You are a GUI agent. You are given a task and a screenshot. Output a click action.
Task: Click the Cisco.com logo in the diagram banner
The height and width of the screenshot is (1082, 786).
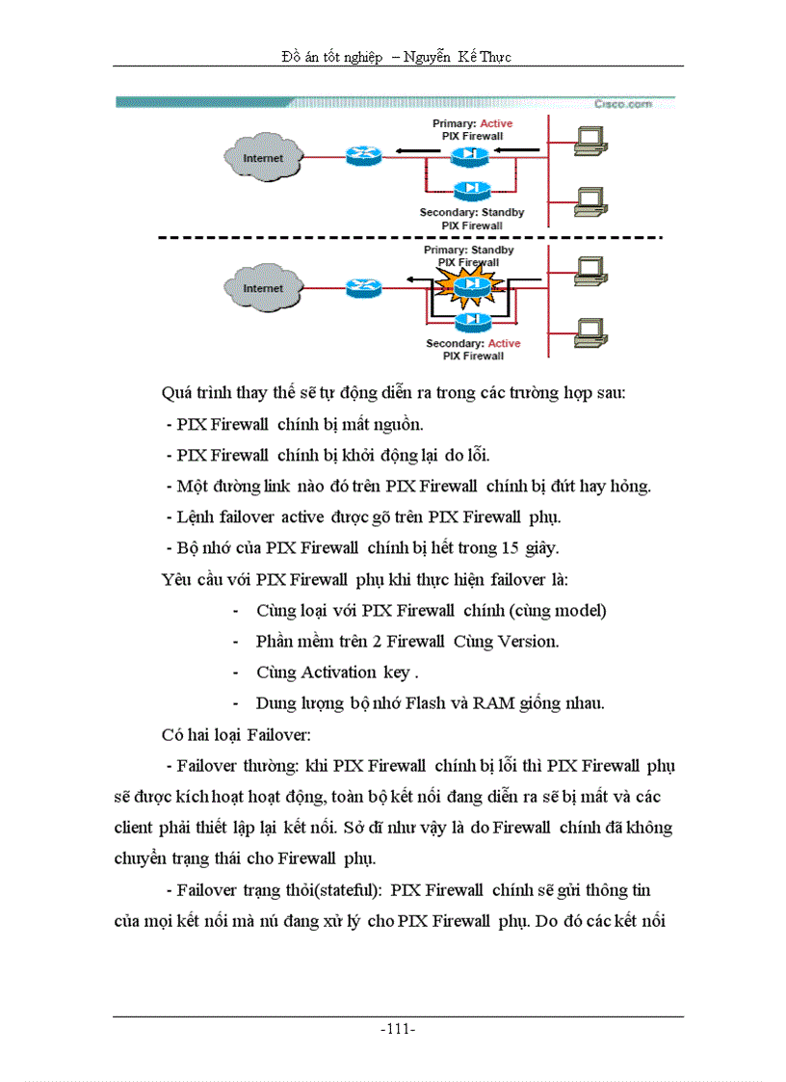coord(621,103)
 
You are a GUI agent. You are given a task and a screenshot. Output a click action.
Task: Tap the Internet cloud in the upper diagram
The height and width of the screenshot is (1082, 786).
coord(263,157)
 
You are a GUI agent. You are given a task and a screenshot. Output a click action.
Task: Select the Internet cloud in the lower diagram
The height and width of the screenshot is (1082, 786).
coord(263,287)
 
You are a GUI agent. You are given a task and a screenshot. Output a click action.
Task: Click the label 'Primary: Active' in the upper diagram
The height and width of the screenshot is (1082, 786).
coord(472,123)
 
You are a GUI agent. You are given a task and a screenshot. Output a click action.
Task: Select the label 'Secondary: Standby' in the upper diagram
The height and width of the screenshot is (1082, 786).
coord(472,212)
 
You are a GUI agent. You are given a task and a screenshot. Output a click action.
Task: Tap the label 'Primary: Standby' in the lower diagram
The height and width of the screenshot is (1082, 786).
coord(469,250)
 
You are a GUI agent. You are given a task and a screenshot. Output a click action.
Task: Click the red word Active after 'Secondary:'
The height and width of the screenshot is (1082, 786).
coord(504,343)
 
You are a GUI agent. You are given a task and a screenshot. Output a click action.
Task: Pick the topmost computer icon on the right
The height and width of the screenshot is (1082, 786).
coord(587,142)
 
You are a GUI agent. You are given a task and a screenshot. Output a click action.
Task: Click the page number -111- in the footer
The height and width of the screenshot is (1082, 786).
coord(398,1029)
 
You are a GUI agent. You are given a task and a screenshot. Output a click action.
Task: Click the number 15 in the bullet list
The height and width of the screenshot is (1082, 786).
coord(511,548)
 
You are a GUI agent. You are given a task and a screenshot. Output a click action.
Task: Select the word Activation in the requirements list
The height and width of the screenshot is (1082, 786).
coord(338,672)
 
